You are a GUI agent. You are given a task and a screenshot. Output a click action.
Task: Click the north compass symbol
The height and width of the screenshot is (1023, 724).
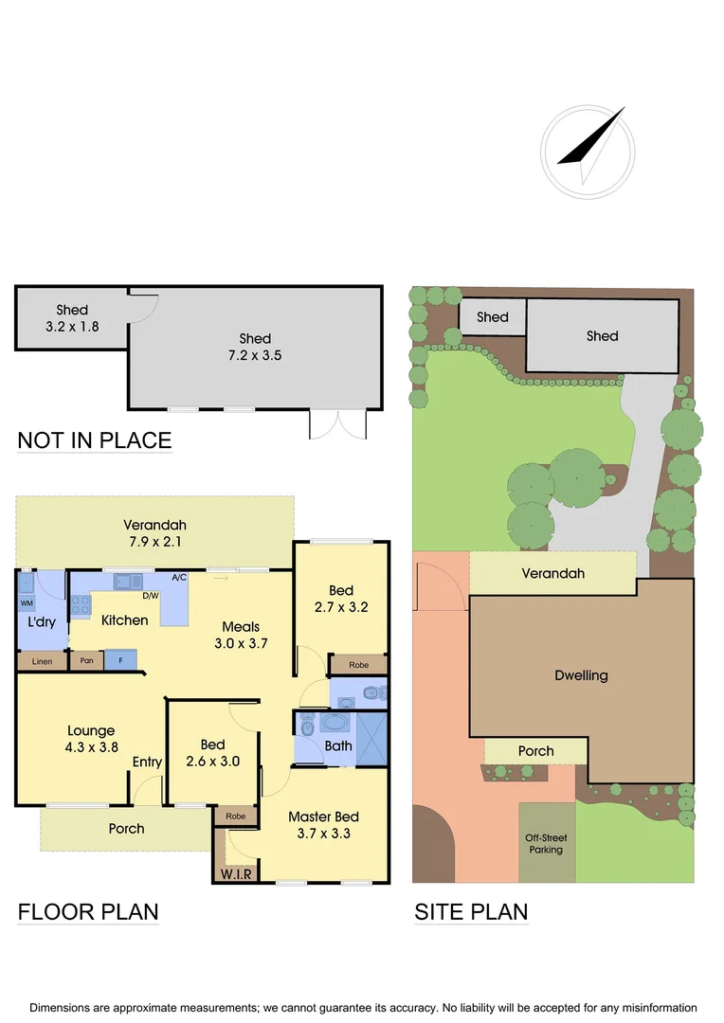point(584,152)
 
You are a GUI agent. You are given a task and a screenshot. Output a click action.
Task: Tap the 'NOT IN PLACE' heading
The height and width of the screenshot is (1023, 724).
point(95,440)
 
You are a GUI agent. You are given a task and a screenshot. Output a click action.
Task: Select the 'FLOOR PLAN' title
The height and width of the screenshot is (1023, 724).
point(88,912)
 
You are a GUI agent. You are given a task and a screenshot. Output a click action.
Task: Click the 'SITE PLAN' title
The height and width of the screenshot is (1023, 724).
point(471,912)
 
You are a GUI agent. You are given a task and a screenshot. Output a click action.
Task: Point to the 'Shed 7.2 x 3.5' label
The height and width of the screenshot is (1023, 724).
point(255,348)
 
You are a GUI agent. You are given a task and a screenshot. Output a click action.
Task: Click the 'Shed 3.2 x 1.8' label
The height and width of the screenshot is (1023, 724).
point(72,318)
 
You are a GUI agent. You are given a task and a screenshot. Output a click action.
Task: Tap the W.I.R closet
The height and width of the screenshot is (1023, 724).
point(235,873)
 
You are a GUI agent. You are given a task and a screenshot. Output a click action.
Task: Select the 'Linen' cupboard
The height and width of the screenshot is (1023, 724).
point(42,661)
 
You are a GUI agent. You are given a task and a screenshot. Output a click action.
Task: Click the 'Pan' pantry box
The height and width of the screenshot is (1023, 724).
point(86,660)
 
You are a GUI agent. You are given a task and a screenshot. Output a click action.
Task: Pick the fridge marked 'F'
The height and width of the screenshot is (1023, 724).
point(120,659)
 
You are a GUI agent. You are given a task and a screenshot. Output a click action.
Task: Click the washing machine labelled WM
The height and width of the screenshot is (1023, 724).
point(27,602)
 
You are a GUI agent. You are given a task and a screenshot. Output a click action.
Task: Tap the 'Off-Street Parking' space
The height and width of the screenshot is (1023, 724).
point(547,843)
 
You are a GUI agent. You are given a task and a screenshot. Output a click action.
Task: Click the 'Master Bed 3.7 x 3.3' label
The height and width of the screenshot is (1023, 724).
point(324,825)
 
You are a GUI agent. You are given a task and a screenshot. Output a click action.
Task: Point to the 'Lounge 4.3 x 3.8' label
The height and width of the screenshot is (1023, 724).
point(91,739)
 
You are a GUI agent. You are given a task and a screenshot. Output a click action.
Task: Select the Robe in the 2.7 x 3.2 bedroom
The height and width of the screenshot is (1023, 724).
point(358,665)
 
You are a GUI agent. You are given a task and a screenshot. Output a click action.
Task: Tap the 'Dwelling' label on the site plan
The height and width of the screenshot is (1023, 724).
point(582,675)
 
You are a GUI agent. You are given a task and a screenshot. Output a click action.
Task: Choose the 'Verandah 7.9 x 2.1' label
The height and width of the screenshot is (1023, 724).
point(154,533)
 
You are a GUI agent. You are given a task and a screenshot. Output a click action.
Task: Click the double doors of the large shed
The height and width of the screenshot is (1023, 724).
point(337,424)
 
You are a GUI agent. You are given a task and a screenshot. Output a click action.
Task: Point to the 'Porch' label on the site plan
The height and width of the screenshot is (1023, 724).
point(535,751)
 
